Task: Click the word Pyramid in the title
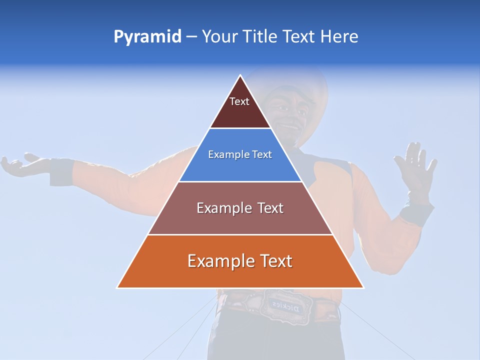[147, 37]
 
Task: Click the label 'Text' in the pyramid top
[239, 101]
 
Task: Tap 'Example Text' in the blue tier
[240, 154]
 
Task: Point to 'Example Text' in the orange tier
[240, 261]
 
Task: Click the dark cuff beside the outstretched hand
[61, 171]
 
